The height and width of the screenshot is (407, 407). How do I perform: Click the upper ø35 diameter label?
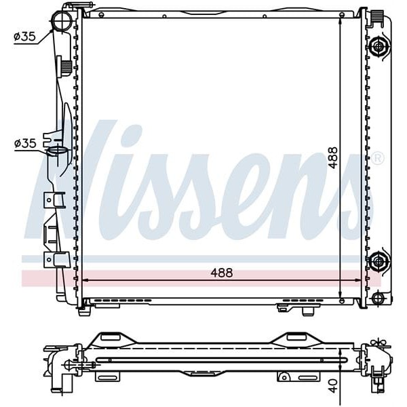click(x=24, y=37)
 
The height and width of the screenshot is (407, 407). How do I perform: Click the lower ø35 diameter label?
click(x=24, y=143)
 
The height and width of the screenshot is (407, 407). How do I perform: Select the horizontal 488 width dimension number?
click(x=221, y=272)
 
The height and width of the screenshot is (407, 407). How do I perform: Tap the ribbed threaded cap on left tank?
click(x=66, y=66)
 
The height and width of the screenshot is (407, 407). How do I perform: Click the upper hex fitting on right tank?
click(x=379, y=46)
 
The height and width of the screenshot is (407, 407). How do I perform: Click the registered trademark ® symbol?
click(x=378, y=158)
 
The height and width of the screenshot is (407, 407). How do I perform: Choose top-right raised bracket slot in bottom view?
click(x=295, y=337)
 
